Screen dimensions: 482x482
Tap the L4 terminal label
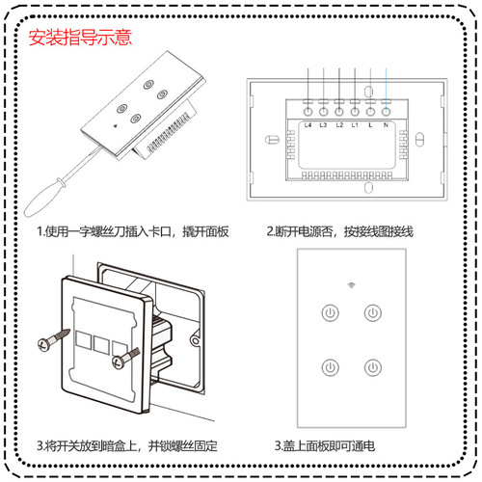click(x=308, y=124)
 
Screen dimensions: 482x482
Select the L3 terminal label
click(x=323, y=124)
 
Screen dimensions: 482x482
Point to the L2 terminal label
click(x=339, y=124)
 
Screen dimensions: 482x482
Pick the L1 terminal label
click(x=355, y=124)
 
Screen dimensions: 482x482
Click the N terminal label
click(x=387, y=124)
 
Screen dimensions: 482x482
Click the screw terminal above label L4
click(x=308, y=102)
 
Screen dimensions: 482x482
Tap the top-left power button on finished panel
click(x=331, y=312)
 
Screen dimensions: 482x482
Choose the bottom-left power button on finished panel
click(x=331, y=367)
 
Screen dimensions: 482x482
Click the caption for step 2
click(x=340, y=232)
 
